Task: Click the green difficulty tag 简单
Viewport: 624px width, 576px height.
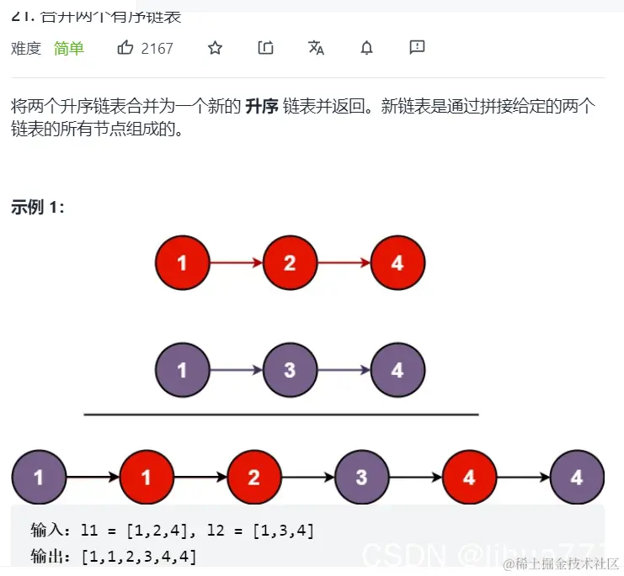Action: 69,48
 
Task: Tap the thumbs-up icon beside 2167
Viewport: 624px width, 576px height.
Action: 125,48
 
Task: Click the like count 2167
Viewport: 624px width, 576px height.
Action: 157,48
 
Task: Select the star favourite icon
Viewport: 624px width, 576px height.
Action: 215,48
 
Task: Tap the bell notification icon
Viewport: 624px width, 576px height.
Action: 366,48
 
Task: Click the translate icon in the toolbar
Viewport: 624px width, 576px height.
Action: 316,48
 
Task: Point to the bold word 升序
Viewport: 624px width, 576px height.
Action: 261,107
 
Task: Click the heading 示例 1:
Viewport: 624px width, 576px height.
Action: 38,208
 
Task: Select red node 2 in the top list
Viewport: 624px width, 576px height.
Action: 290,263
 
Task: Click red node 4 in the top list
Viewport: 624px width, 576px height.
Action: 397,263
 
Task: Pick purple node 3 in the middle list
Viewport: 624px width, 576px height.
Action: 290,370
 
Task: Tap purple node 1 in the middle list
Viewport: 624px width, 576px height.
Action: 183,370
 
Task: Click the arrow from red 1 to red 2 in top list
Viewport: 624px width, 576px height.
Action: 236,263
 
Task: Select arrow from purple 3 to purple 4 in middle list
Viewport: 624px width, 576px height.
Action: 343,370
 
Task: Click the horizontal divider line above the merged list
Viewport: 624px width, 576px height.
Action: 281,415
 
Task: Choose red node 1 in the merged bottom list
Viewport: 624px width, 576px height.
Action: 147,478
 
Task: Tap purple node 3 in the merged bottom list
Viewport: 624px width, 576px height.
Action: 361,478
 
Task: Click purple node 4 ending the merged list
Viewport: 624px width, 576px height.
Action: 577,478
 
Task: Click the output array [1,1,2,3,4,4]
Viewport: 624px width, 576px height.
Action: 139,556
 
